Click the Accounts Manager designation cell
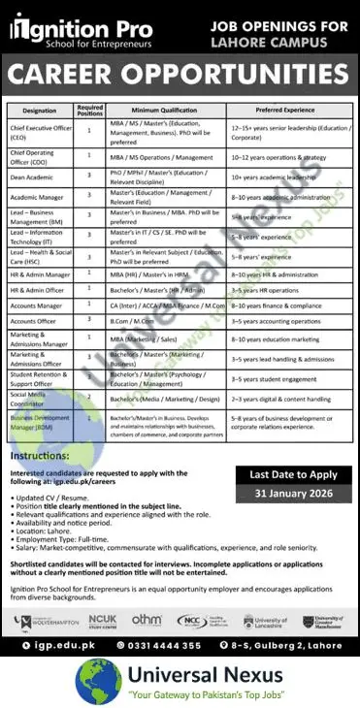pyautogui.click(x=38, y=303)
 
